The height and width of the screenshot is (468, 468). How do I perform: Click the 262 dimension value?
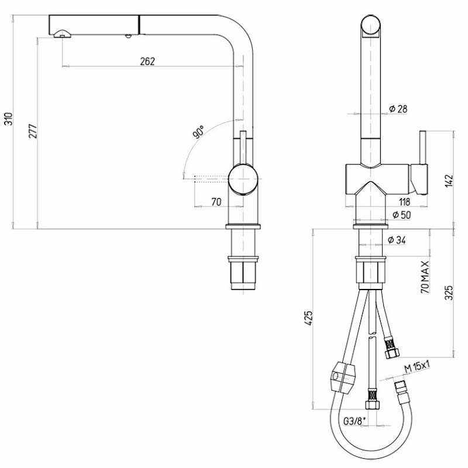(147, 61)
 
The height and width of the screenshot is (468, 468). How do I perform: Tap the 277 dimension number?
(33, 130)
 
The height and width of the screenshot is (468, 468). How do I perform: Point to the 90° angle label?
(198, 132)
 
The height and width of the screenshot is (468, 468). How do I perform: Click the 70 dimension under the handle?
(216, 202)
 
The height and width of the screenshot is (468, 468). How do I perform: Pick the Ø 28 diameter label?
(398, 109)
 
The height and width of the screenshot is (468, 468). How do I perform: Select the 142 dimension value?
(449, 181)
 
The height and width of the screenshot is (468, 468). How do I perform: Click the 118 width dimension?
(404, 202)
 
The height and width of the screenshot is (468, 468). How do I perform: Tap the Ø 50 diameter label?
(401, 215)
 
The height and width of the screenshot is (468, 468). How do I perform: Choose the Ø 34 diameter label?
(397, 240)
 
